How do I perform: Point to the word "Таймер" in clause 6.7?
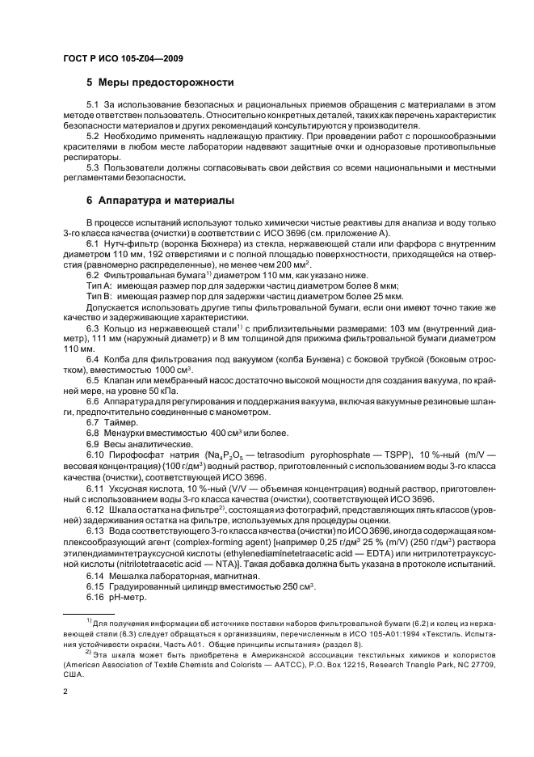point(124,423)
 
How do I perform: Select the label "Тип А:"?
point(99,285)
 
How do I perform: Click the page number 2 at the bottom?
point(65,693)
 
